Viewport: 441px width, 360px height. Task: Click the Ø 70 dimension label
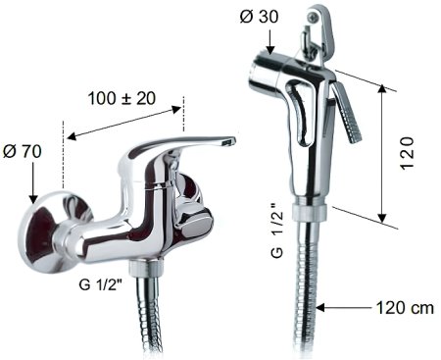(x=23, y=151)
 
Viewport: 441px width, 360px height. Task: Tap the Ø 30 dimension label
(x=259, y=17)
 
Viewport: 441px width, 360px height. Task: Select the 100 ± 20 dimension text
(x=122, y=98)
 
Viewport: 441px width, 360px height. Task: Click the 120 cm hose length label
(x=405, y=308)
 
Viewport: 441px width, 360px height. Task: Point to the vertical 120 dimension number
(x=407, y=153)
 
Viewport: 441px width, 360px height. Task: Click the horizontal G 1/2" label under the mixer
(x=100, y=284)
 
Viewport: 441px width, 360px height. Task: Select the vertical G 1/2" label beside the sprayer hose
(x=277, y=231)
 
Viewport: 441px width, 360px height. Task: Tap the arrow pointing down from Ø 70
(x=33, y=183)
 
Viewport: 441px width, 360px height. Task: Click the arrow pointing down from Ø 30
(x=270, y=42)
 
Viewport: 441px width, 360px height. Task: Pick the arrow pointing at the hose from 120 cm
(x=344, y=308)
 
